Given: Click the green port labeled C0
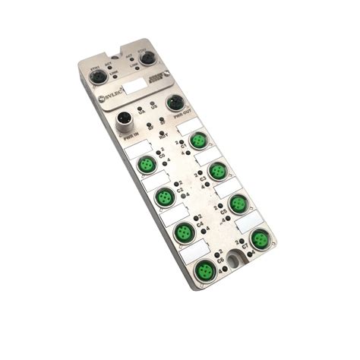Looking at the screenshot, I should coord(146,165).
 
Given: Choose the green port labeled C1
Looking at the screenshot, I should coord(199,140).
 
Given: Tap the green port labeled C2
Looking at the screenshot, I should coord(165,197).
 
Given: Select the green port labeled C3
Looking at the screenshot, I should coord(218,169).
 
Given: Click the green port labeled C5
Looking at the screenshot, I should coord(238,203).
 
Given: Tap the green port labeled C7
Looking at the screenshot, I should coord(260,239).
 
